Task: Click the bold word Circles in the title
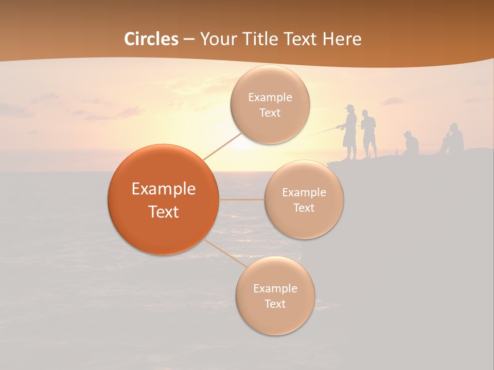pos(151,39)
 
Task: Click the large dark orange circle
pos(163,199)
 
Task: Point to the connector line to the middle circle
pos(242,199)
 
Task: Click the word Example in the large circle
pos(163,189)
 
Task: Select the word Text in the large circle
pos(163,212)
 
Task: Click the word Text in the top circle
pos(270,113)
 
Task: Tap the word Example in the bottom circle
pos(275,288)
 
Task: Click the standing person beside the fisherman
pos(368,133)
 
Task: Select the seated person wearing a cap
pos(411,144)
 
